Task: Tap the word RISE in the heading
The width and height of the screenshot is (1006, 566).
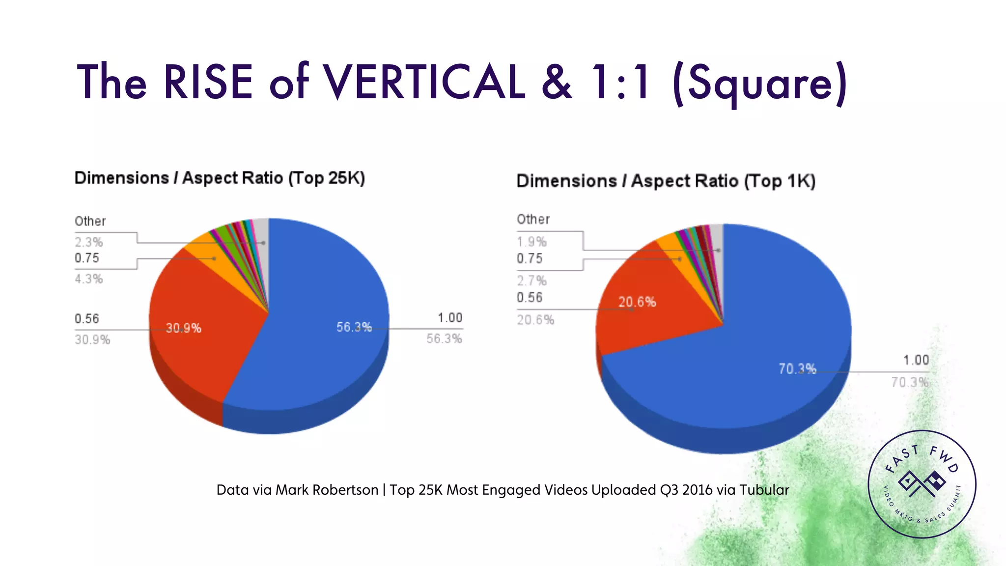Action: point(208,82)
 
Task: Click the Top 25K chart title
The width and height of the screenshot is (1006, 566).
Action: point(220,178)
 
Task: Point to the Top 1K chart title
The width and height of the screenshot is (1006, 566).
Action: point(666,181)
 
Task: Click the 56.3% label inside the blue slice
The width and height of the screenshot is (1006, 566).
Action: point(354,327)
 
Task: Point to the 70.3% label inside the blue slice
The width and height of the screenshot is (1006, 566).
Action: point(797,368)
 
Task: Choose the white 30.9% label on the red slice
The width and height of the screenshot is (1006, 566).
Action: point(183,328)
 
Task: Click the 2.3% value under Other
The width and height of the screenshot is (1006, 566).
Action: point(89,242)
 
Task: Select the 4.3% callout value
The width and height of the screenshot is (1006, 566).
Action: point(89,279)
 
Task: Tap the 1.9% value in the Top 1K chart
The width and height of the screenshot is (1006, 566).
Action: point(531,242)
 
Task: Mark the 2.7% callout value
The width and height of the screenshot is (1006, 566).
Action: point(531,281)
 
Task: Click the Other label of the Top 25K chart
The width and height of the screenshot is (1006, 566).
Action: point(90,221)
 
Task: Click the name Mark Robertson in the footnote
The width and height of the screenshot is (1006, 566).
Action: point(327,490)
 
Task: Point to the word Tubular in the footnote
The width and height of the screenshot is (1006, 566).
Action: point(764,490)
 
